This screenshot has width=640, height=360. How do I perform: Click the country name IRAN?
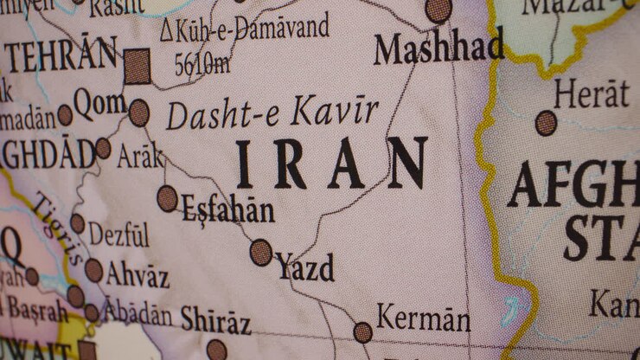(x=331, y=164)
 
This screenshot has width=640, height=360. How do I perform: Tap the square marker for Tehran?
(x=137, y=67)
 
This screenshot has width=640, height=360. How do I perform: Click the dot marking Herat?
(x=546, y=123)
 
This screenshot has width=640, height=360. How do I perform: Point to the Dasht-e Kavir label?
(x=272, y=113)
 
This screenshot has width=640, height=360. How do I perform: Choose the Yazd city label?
(x=304, y=267)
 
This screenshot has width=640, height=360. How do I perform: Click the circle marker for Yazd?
(x=261, y=252)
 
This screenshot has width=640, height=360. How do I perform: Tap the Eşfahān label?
(x=227, y=209)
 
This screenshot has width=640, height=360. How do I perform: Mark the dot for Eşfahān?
(x=168, y=198)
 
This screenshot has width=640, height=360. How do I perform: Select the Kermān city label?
(x=424, y=318)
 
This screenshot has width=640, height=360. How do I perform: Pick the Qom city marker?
(x=138, y=112)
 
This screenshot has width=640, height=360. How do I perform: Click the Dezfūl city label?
(x=119, y=234)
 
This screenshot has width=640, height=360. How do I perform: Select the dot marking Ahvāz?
(x=93, y=271)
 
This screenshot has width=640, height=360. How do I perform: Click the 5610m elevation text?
(x=202, y=63)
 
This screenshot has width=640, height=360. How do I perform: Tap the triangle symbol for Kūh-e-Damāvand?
(x=166, y=30)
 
